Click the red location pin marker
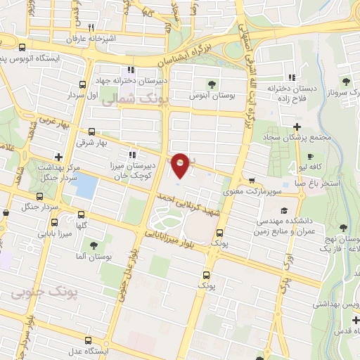(x=181, y=165)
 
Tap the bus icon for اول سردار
(x=84, y=85)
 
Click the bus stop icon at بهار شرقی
(x=92, y=131)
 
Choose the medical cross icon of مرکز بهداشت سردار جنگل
(x=59, y=157)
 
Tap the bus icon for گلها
(x=82, y=214)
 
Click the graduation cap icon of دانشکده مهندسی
(x=283, y=210)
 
